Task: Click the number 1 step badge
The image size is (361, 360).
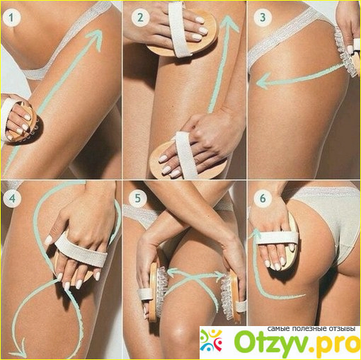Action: point(11,17)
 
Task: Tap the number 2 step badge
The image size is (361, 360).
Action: point(140,18)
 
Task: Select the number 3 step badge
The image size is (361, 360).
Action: point(263,17)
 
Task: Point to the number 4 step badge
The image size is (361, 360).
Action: point(12,199)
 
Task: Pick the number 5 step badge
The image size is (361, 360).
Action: point(138,198)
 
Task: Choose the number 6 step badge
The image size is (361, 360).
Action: point(263,199)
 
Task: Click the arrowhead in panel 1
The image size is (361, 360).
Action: point(96,37)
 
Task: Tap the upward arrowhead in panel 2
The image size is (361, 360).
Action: point(228,23)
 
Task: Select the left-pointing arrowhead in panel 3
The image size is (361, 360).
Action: point(263,81)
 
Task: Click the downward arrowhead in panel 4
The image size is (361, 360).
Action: point(19,349)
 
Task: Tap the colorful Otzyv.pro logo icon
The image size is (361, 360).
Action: point(211,341)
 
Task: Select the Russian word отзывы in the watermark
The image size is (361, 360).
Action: point(340,329)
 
